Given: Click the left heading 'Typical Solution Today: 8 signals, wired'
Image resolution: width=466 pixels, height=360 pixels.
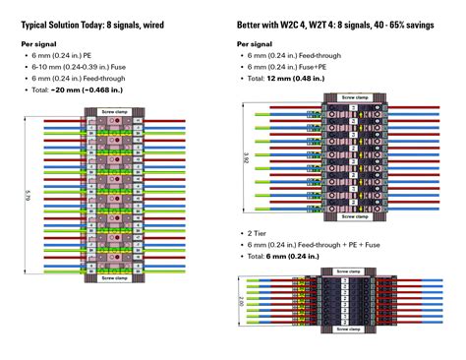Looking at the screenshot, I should click(x=93, y=23).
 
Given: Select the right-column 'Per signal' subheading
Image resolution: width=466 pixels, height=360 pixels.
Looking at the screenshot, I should click(x=255, y=44).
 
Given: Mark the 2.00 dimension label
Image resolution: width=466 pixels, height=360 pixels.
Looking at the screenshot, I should click(x=242, y=306).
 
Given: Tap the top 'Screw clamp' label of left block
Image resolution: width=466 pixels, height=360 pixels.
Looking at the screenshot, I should click(x=115, y=113).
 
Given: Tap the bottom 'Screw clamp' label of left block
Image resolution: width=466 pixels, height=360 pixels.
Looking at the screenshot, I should click(x=115, y=277).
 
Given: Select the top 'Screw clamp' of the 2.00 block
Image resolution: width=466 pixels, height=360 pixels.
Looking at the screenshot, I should click(x=348, y=270).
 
